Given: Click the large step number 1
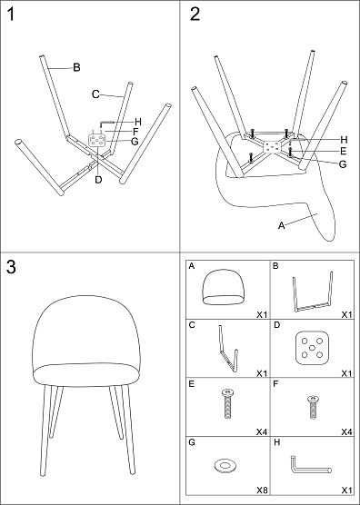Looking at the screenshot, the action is coord(11,15).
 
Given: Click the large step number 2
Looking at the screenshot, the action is coord(195,15).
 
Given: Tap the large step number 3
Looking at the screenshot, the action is coord(11,267).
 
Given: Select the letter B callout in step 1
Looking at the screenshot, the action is coord(76,67).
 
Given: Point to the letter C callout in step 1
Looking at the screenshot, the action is coord(95,94).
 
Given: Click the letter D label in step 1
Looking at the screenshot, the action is coord(98,180).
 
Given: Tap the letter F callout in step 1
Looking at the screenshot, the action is coord(135,132).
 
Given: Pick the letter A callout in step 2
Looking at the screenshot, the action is coord(281,226).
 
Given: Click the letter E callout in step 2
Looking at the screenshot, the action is coord(344,151).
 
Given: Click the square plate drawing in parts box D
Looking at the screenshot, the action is coord(312,348).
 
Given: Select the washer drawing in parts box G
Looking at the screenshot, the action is coord(225,466).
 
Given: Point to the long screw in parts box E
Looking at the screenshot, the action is coord(228,404).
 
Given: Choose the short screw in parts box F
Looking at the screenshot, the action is coord(313,408).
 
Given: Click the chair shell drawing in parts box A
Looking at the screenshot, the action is coord(223,288).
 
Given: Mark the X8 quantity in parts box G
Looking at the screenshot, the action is coord(262,490).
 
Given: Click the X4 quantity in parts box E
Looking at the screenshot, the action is coord(262,431).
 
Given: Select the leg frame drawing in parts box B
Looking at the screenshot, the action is coord(313,292).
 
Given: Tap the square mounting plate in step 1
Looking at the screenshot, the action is coord(96,140).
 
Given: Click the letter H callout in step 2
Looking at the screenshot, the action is coord(344,140).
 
